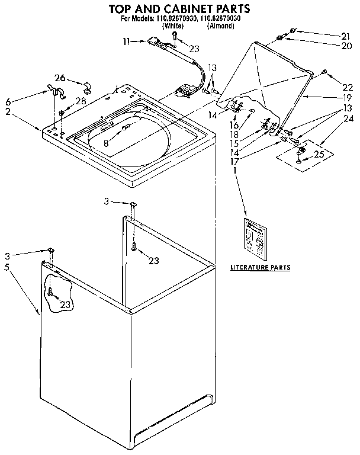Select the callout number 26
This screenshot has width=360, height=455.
(59, 77)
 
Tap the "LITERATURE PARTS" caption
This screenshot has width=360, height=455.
(260, 268)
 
